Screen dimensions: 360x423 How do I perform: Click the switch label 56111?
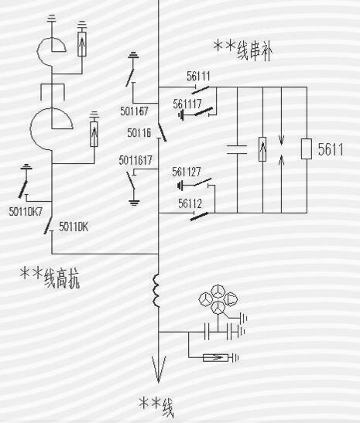point(198,77)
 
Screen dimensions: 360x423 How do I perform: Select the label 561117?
point(187,104)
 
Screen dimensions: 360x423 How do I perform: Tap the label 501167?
point(134,111)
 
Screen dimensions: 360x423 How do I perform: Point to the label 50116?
point(139,133)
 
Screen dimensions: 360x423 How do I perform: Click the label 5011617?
point(135,160)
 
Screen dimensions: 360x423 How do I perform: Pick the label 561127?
point(187,172)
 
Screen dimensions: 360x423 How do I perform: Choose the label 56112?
point(190,203)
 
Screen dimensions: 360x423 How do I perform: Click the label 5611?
point(331,149)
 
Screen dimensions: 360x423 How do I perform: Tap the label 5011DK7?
point(26,212)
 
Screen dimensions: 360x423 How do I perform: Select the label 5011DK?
point(74,227)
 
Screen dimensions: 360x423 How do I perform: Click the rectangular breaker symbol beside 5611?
point(307,149)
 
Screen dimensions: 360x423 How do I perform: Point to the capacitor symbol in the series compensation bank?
point(237,150)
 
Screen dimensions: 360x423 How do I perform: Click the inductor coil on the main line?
point(156,291)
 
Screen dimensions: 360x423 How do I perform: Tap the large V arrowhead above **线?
point(159,369)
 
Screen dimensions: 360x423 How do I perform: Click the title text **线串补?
point(243,50)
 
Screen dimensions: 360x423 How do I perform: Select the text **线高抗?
point(50,278)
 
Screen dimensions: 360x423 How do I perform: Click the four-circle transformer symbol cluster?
point(218,299)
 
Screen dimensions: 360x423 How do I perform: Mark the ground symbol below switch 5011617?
point(134,203)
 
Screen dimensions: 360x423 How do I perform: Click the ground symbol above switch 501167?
point(133,56)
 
